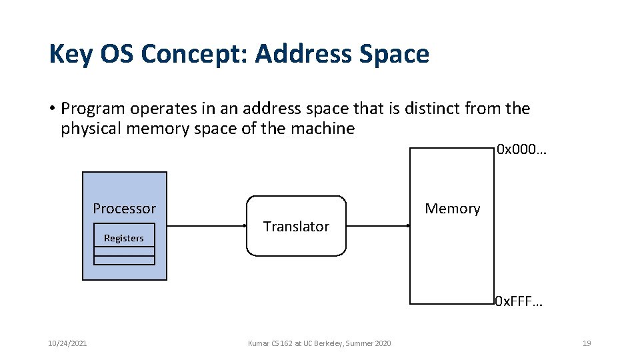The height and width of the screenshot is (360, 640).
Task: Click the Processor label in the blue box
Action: pos(124,209)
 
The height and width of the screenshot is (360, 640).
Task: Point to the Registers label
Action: pos(123,238)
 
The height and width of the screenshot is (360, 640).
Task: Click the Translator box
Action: pos(296,227)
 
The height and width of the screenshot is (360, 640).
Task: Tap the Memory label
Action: pos(452,209)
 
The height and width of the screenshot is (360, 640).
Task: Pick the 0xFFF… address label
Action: pos(519,303)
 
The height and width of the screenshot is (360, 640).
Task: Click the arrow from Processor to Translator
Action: pos(207,226)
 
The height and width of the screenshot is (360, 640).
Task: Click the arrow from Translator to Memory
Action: pos(378,226)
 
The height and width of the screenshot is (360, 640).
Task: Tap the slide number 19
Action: pos(587,343)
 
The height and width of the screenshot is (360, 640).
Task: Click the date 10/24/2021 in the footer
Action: pos(67,343)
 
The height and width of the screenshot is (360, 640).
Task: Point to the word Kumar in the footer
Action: pos(258,343)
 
